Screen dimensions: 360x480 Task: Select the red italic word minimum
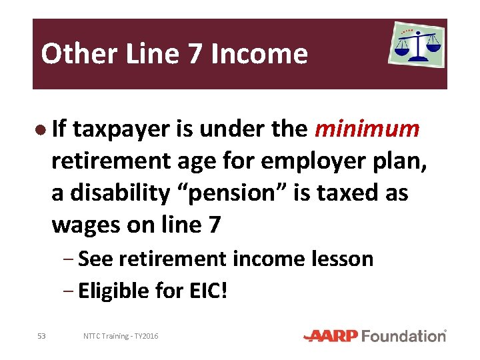point(367,129)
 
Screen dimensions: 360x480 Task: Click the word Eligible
point(111,291)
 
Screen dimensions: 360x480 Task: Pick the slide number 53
point(42,336)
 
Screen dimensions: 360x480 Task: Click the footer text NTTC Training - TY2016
point(121,336)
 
